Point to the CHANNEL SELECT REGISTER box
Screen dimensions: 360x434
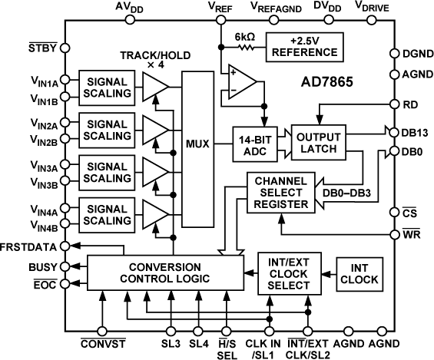(279, 192)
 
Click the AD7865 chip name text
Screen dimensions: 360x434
(333, 81)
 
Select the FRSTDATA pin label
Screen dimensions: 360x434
(30, 246)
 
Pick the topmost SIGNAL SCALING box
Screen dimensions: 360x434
(104, 84)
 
